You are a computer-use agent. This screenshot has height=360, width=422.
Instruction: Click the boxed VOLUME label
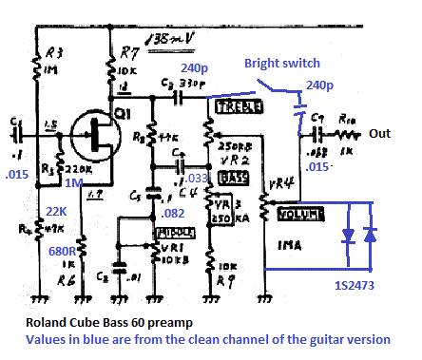(x=301, y=216)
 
